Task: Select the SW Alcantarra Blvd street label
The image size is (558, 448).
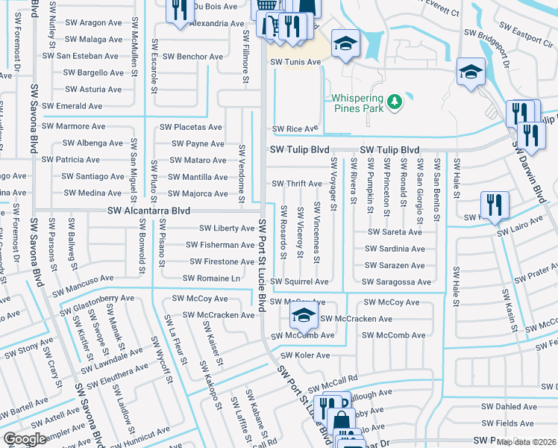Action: click(x=149, y=211)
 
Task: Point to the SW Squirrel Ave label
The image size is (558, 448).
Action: click(x=299, y=282)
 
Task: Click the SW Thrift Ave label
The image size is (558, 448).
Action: click(x=296, y=184)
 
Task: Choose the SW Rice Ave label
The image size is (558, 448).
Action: click(x=295, y=129)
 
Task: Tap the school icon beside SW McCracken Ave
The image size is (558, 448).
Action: click(x=303, y=317)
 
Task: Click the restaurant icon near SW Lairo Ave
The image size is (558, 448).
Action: click(x=494, y=205)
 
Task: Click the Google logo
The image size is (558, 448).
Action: click(x=25, y=439)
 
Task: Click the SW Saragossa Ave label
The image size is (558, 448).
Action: click(x=396, y=282)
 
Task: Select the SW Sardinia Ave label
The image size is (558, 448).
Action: click(x=395, y=249)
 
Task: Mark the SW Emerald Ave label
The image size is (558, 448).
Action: click(x=72, y=107)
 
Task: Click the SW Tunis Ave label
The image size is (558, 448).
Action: click(x=295, y=62)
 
